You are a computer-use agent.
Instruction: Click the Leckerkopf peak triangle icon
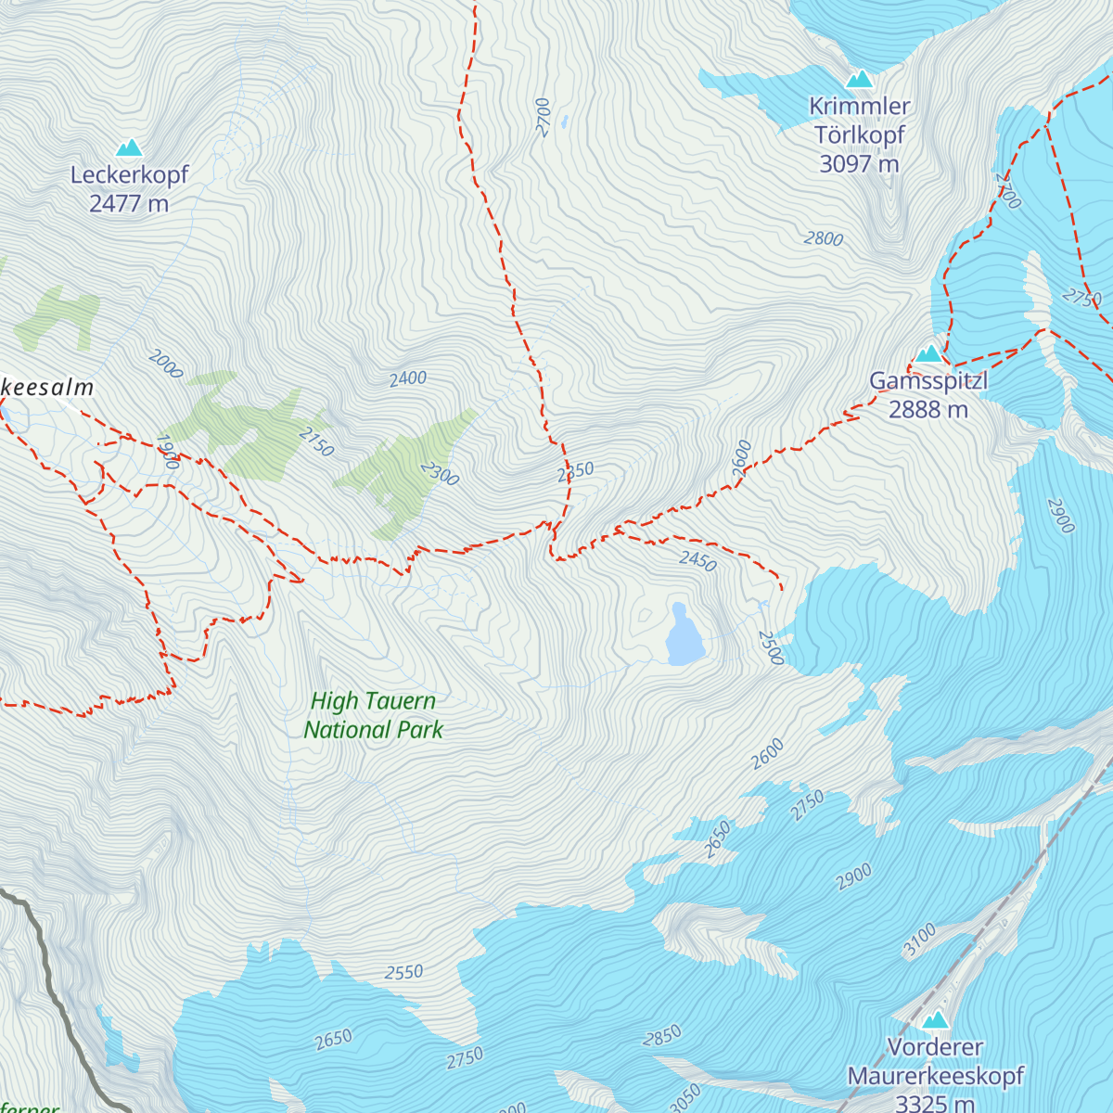(x=129, y=147)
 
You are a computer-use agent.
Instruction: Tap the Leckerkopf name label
(x=129, y=174)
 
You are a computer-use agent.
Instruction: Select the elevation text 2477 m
(x=129, y=203)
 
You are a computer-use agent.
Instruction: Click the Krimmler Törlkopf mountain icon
(x=859, y=79)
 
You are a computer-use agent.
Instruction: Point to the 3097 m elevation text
(x=859, y=164)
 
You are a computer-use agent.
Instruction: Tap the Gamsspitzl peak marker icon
(x=928, y=353)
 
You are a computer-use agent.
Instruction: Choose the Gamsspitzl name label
(x=928, y=381)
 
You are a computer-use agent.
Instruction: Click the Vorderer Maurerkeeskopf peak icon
(x=935, y=1021)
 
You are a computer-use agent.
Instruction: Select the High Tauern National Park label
(x=373, y=715)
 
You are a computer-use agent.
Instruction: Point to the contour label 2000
(x=165, y=365)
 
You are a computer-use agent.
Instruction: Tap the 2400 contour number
(x=408, y=378)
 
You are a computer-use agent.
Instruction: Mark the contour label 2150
(x=316, y=441)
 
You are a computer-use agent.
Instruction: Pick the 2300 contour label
(x=440, y=474)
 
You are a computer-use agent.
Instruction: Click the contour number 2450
(x=697, y=560)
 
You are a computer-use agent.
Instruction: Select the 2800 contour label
(x=824, y=239)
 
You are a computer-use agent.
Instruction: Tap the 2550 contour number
(x=404, y=973)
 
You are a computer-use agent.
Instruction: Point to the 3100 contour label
(x=920, y=940)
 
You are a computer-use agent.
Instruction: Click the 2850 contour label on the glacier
(x=662, y=1035)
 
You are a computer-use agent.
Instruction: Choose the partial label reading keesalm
(x=46, y=388)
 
